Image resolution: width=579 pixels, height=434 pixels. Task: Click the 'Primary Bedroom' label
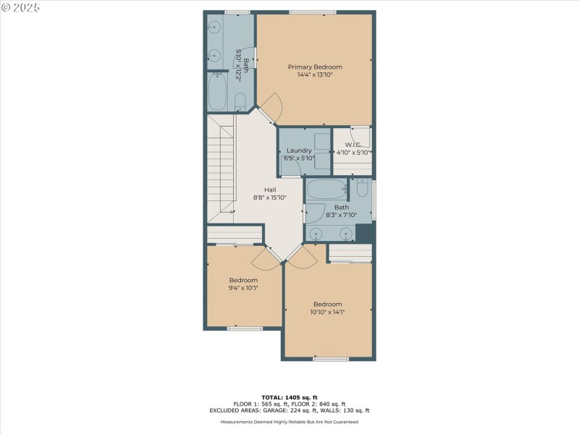point(315,67)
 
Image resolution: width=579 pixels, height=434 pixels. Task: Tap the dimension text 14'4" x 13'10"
point(315,75)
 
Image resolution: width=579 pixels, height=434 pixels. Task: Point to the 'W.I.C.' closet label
point(354,145)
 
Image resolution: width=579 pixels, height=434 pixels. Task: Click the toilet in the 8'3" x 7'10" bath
point(363,190)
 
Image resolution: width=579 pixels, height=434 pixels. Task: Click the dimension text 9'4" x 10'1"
point(243,287)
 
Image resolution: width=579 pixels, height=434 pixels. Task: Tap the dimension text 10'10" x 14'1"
point(327,312)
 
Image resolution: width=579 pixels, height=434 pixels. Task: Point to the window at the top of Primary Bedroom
point(313,12)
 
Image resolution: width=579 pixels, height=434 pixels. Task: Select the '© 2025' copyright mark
point(20,7)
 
